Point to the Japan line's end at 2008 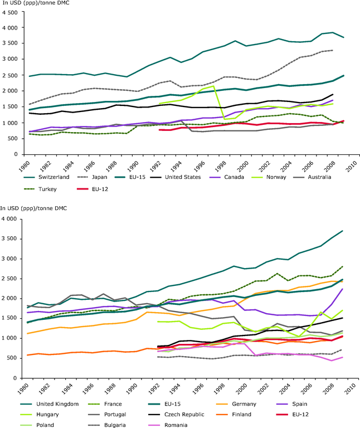click(x=333, y=50)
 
